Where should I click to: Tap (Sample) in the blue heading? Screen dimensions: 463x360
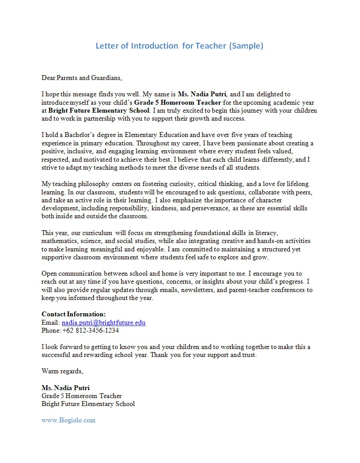pyautogui.click(x=246, y=46)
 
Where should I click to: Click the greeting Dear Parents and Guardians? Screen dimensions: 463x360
pyautogui.click(x=81, y=78)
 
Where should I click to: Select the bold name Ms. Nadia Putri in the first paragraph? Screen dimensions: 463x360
pyautogui.click(x=202, y=94)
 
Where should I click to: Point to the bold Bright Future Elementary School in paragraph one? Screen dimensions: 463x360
pyautogui.click(x=99, y=110)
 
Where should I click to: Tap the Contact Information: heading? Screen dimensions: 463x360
pyautogui.click(x=73, y=314)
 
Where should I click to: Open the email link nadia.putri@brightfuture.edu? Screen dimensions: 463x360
pyautogui.click(x=103, y=323)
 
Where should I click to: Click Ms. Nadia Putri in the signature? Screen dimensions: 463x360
pyautogui.click(x=65, y=388)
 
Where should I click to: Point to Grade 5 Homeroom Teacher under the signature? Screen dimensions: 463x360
pyautogui.click(x=81, y=396)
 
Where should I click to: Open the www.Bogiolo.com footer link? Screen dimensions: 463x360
pyautogui.click(x=68, y=420)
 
